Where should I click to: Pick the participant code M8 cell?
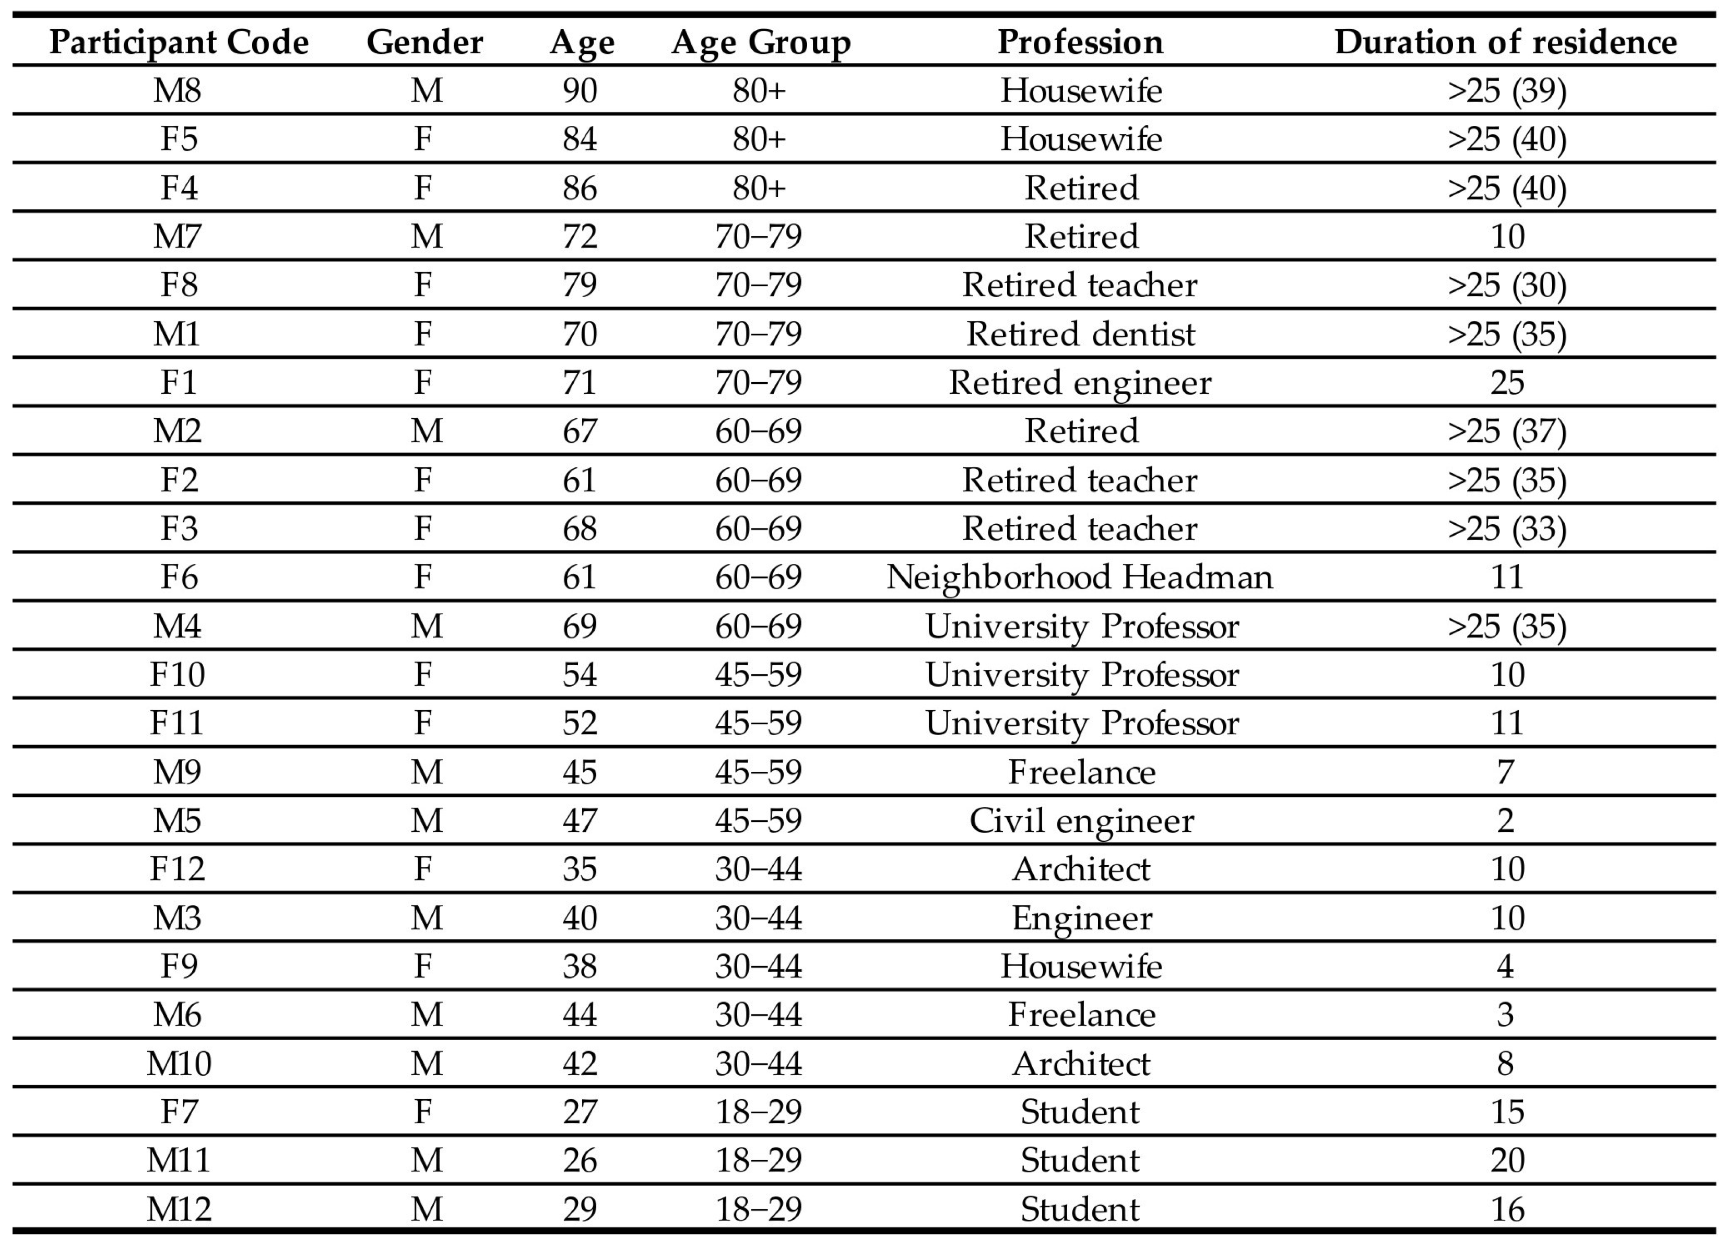pos(177,90)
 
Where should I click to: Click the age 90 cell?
pos(580,90)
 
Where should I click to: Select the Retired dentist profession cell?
pos(1080,334)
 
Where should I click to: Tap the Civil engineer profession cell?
pos(1081,821)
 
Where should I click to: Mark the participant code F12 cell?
pos(177,869)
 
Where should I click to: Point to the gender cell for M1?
pos(423,334)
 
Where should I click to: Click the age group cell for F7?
pos(758,1112)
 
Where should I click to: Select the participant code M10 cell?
pos(179,1063)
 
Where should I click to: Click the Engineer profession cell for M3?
pos(1081,918)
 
